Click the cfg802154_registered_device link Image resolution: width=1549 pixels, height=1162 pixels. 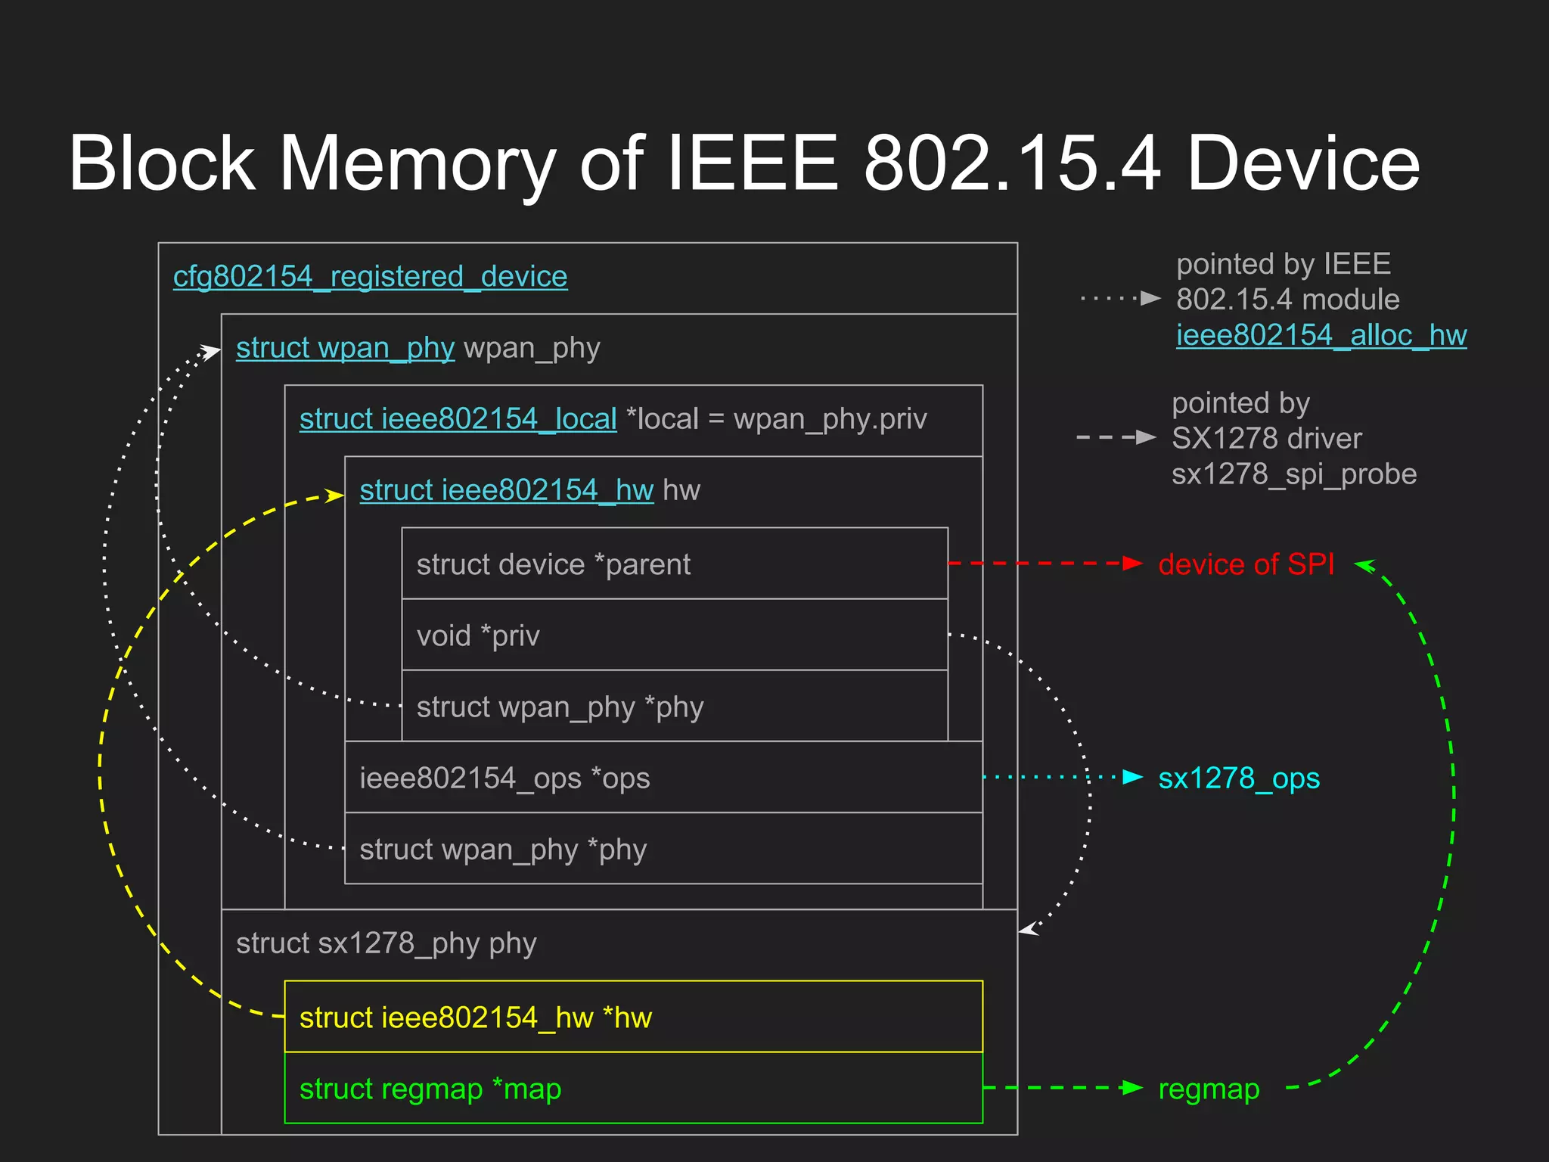click(370, 277)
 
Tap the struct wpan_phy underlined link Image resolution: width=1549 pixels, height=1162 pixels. click(345, 348)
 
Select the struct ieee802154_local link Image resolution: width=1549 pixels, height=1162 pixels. click(458, 419)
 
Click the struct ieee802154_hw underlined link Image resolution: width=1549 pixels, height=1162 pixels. click(506, 490)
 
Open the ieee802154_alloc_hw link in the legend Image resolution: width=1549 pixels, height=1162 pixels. click(1321, 335)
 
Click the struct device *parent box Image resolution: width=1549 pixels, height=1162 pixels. click(674, 564)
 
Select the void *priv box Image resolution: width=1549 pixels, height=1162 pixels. click(674, 635)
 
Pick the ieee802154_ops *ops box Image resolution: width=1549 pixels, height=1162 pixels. click(663, 778)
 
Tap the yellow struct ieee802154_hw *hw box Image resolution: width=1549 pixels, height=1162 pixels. click(633, 1017)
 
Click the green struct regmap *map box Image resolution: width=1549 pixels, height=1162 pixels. click(633, 1088)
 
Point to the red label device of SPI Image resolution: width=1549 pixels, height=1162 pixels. click(1246, 564)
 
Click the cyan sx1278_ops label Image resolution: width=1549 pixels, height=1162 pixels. click(1238, 778)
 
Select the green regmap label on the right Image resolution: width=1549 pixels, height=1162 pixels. click(1209, 1089)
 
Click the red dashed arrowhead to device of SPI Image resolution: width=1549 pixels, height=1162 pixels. click(1132, 564)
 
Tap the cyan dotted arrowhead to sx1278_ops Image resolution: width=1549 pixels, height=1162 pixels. click(1132, 777)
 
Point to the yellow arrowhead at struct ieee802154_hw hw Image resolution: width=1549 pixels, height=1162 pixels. click(334, 496)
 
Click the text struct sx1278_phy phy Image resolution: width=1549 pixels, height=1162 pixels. click(386, 943)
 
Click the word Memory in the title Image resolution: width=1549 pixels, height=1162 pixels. click(418, 163)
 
